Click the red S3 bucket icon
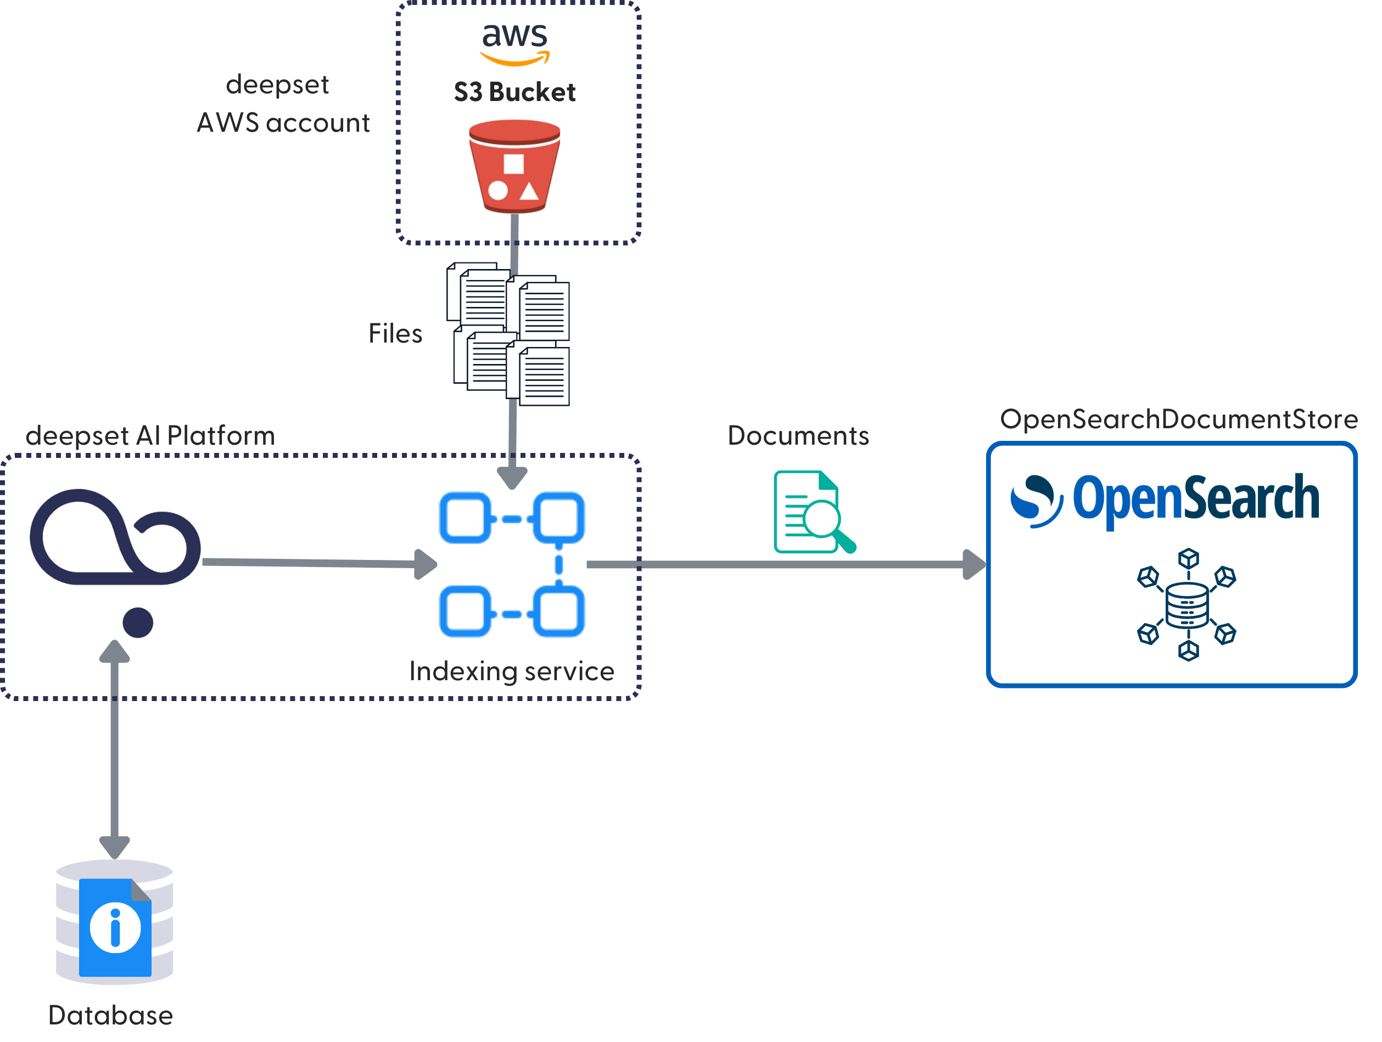(x=514, y=166)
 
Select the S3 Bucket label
(x=514, y=92)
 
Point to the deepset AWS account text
(x=282, y=104)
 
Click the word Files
(x=395, y=334)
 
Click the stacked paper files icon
(x=508, y=334)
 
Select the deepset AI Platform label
(x=150, y=435)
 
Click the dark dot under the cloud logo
(x=137, y=622)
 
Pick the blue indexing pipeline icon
(x=512, y=564)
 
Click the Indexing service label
(x=511, y=671)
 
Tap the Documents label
(x=798, y=435)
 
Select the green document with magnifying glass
(x=812, y=512)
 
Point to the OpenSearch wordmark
(x=1165, y=500)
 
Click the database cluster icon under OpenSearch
(x=1187, y=604)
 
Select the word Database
(x=110, y=1015)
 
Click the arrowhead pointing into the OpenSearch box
(x=973, y=564)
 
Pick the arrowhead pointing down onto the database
(x=115, y=847)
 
